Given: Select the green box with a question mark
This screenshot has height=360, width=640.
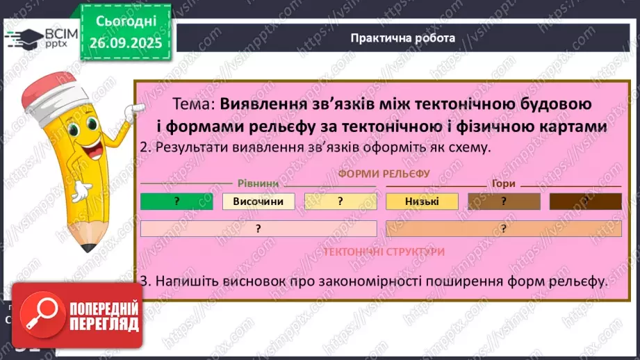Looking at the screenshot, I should coord(177,202).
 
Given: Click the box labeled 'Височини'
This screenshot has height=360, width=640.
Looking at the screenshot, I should coord(259,202).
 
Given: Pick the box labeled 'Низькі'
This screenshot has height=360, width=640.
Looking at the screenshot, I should coord(422,202).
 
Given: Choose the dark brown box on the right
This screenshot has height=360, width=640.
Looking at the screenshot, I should coord(585,202).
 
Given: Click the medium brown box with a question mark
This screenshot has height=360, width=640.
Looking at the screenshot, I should coord(504,202).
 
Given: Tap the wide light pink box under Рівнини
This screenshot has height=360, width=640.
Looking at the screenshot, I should coord(259,229).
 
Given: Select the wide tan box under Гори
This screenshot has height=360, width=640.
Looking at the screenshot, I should coord(503,229).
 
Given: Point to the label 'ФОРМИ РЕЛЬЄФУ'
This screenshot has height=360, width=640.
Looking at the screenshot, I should coord(384,173).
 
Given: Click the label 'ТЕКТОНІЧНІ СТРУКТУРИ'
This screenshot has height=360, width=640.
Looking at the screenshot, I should coord(384,252).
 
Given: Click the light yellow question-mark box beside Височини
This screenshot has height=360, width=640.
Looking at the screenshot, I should coord(340,202).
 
